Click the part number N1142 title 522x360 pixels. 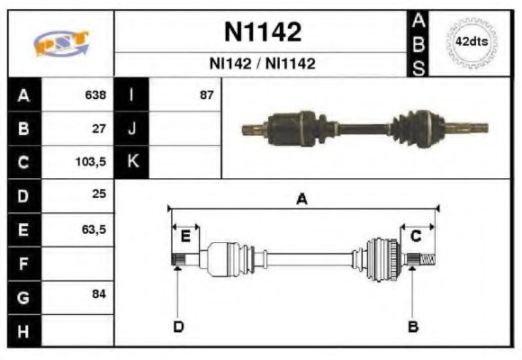click(262, 32)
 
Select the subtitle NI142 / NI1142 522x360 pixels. click(262, 64)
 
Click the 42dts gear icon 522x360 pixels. click(471, 42)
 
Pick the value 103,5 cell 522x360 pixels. click(91, 163)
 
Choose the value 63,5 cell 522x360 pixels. click(94, 229)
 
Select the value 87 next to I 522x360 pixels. click(206, 94)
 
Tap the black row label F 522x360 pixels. click(23, 264)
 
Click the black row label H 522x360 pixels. click(23, 331)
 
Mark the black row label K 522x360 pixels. click(132, 162)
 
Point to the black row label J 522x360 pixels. click(132, 128)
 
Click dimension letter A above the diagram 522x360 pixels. click(302, 200)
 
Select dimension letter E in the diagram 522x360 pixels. click(185, 237)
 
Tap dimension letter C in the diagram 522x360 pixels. click(416, 236)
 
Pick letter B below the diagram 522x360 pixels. click(413, 326)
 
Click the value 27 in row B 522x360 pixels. click(99, 129)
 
